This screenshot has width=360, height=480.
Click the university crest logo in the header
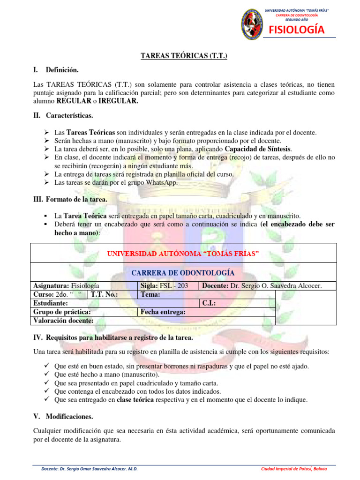(252, 24)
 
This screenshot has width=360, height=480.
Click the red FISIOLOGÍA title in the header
(296, 30)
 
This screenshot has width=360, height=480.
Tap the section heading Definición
(62, 70)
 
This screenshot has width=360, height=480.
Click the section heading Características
(69, 115)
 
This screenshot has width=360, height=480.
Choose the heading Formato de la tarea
(76, 200)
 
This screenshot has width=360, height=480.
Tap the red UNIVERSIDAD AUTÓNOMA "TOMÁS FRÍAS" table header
(183, 254)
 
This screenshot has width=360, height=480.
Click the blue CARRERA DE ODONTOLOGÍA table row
(183, 273)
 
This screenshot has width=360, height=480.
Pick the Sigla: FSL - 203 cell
(162, 286)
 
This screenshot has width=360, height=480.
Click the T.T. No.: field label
(104, 294)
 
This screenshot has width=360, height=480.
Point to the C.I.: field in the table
(209, 303)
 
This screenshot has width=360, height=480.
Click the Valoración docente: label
(63, 321)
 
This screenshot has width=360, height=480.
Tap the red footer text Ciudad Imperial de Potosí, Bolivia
(294, 469)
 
